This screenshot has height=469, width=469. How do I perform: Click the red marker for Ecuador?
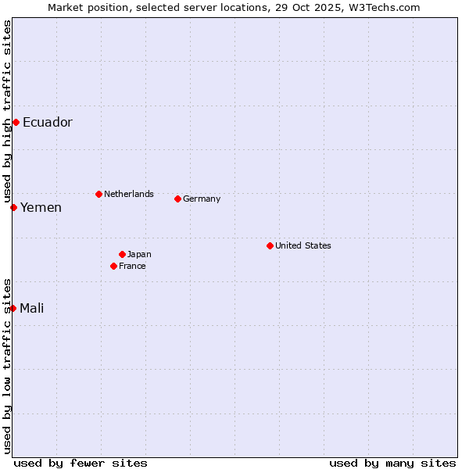click(16, 122)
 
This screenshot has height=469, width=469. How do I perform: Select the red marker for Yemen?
click(13, 207)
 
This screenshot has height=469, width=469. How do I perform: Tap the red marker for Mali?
click(13, 308)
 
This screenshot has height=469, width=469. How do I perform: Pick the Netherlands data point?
click(98, 194)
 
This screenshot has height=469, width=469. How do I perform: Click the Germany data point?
click(177, 199)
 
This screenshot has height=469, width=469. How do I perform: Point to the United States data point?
click(270, 245)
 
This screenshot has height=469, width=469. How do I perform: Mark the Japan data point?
click(122, 254)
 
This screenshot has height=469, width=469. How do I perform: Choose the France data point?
click(113, 266)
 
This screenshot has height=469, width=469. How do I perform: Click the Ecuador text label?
click(48, 122)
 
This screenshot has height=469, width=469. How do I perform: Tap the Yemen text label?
click(41, 207)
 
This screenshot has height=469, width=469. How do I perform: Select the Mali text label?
click(32, 308)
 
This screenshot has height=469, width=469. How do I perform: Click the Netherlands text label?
click(129, 194)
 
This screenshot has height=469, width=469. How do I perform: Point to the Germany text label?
click(202, 199)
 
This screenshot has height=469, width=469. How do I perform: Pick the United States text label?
click(303, 245)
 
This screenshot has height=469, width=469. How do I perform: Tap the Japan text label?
click(139, 254)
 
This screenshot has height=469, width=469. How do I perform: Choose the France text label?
click(132, 266)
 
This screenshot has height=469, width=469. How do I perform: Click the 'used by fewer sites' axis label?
click(81, 463)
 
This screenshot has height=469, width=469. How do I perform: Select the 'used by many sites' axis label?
click(392, 463)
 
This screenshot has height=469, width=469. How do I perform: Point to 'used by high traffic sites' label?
click(7, 111)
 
